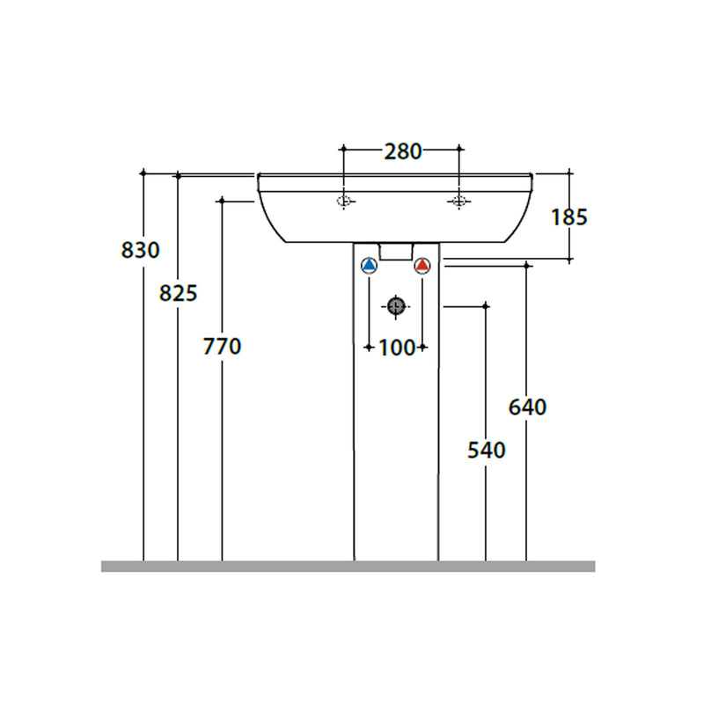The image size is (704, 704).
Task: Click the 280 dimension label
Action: coord(403,151)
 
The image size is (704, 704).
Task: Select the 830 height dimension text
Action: coord(140,250)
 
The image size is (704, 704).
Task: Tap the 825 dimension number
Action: coord(179,294)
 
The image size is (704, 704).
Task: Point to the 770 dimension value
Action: coord(222,347)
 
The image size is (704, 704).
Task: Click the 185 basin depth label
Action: coord(568,217)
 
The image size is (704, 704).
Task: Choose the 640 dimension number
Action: coord(527,407)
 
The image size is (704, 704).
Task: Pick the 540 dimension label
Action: coord(487,450)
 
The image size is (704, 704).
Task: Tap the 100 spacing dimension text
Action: coord(397,348)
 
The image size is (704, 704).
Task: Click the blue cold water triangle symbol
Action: coord(369,266)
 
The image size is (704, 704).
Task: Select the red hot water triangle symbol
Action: coord(422,266)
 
